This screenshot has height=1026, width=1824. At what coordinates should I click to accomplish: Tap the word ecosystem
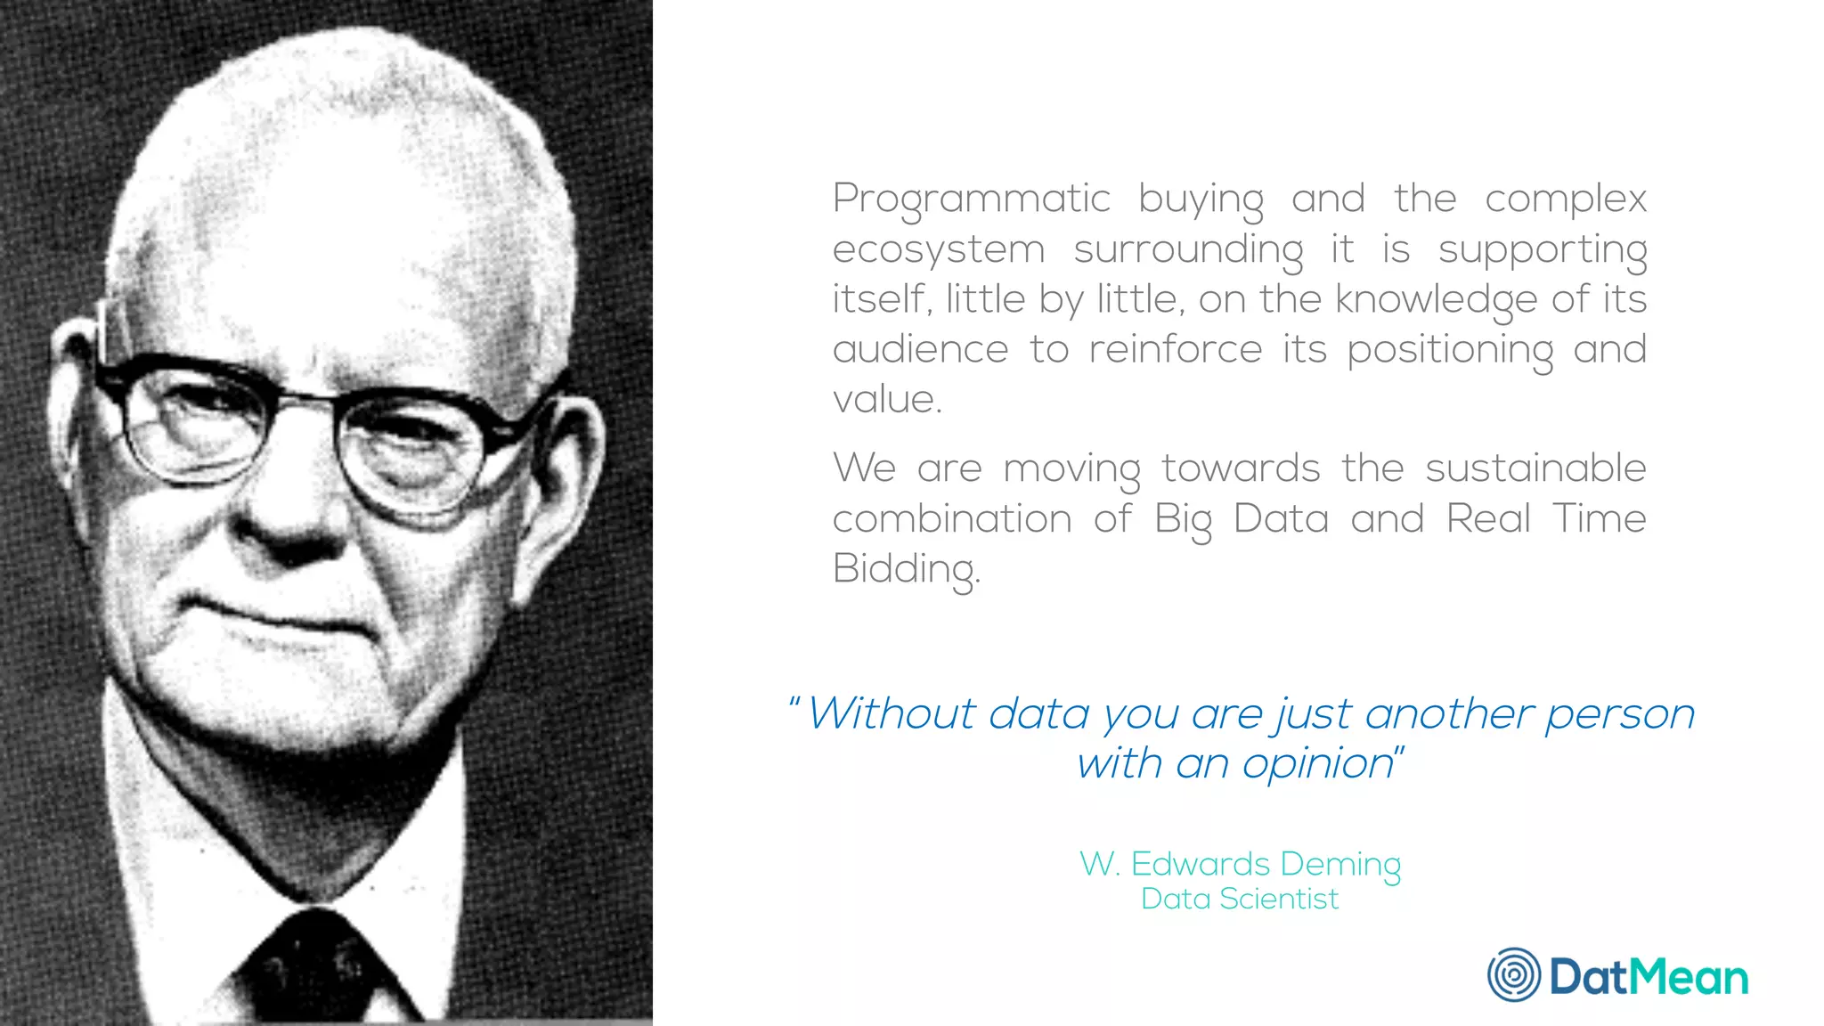pos(938,250)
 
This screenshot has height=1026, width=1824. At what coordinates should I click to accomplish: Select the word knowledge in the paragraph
pos(1436,300)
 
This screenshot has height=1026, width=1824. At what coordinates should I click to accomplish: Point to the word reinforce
pos(1176,350)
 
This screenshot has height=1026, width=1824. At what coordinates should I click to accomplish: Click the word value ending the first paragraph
pos(886,400)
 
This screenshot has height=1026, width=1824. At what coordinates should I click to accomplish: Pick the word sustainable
pos(1535,468)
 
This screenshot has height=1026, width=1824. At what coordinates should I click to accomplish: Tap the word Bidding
pos(906,569)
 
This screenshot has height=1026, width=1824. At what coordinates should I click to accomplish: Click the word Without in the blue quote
pos(892,714)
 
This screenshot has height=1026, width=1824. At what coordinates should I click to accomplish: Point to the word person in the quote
pos(1620,714)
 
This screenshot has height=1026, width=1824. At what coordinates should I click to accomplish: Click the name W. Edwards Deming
pos(1240,864)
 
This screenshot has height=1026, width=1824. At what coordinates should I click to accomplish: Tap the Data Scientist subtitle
pos(1240,899)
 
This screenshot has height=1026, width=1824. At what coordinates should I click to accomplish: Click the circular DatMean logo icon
pos(1514,975)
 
